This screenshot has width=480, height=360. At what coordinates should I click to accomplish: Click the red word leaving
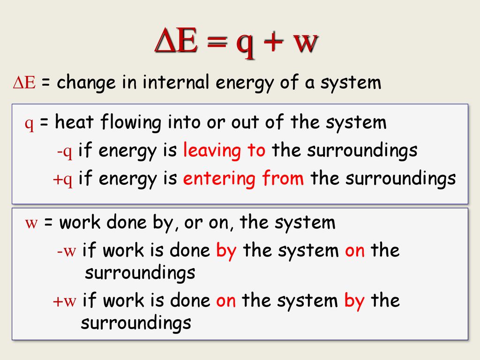pyautogui.click(x=212, y=151)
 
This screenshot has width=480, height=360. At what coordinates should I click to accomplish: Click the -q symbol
pyautogui.click(x=65, y=151)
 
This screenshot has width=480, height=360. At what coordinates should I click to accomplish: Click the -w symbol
pyautogui.click(x=67, y=251)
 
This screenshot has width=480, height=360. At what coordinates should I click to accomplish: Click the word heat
pyautogui.click(x=74, y=122)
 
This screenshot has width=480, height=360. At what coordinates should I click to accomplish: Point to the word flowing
pyautogui.click(x=131, y=123)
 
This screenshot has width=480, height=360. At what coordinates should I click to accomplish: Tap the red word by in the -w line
pyautogui.click(x=226, y=251)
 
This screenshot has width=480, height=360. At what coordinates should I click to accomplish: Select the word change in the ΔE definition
pyautogui.click(x=86, y=82)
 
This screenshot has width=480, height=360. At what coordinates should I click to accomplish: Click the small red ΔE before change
pyautogui.click(x=24, y=82)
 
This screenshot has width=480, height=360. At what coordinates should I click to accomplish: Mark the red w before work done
pyautogui.click(x=31, y=223)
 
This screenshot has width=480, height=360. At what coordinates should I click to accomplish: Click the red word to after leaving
pyautogui.click(x=256, y=150)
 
